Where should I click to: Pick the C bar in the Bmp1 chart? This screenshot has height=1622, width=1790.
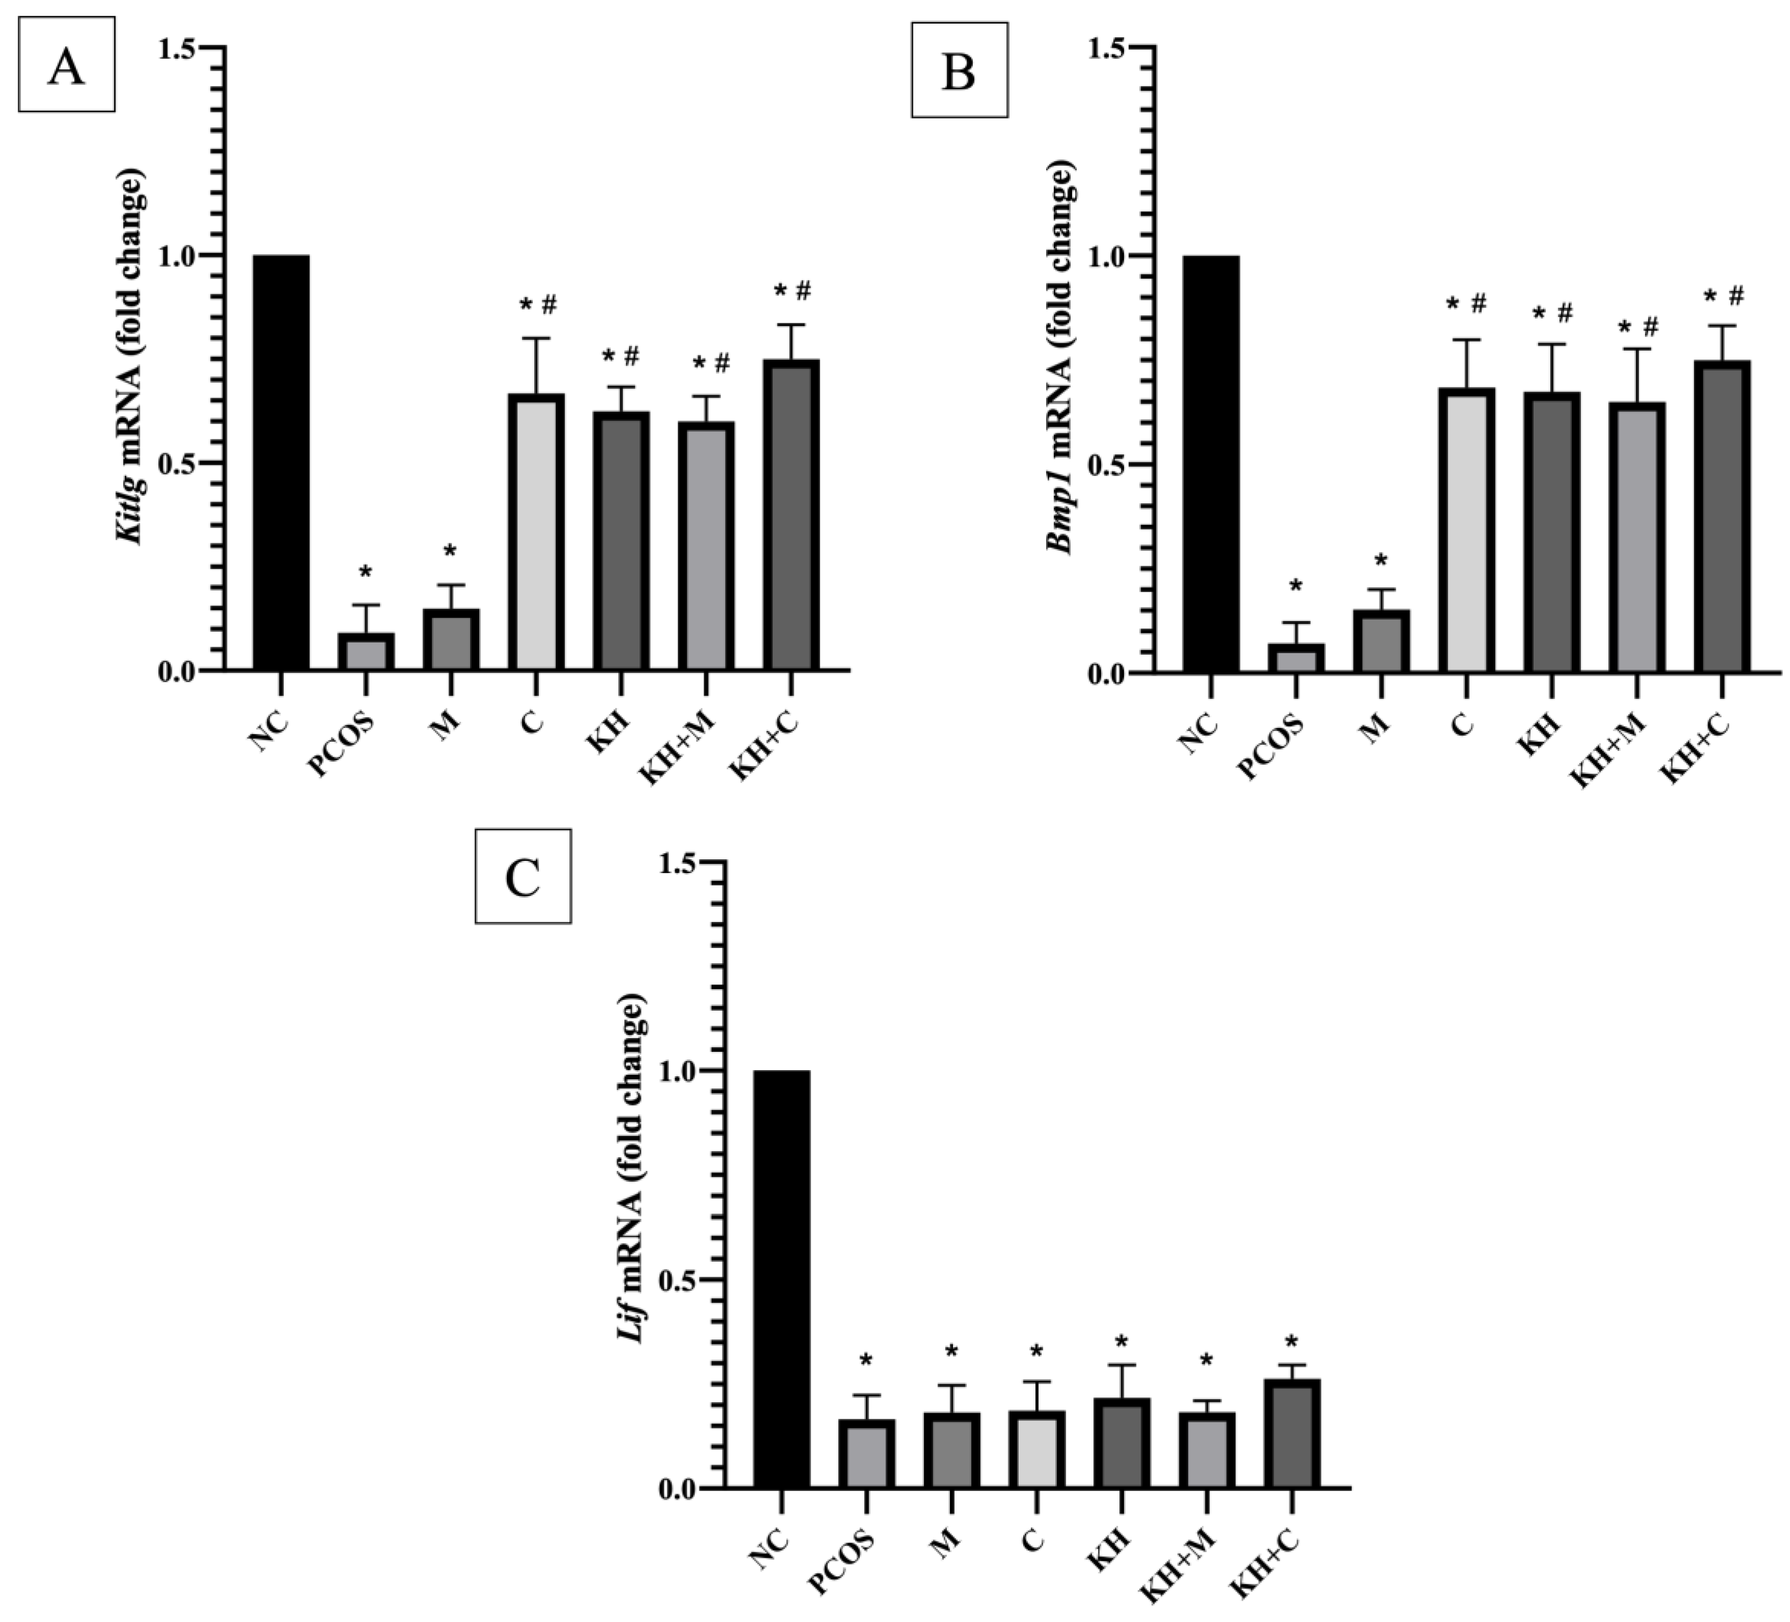coord(1467,531)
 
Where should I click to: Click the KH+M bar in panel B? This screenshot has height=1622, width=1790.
coord(1636,538)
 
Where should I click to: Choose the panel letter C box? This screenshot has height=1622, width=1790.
coord(523,877)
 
